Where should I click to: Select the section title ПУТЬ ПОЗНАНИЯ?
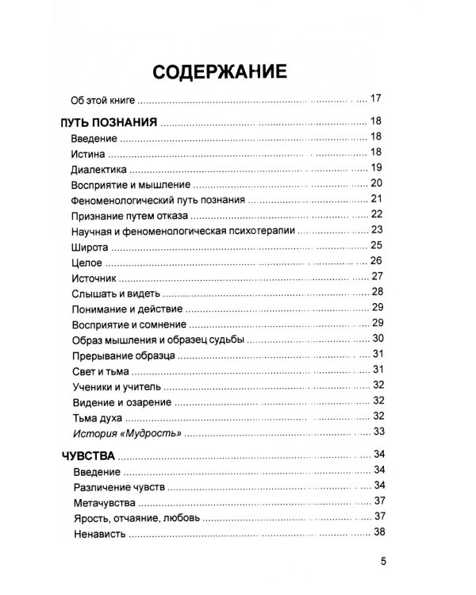[x=105, y=123]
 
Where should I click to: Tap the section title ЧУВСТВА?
[x=87, y=455]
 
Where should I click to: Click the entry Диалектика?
[x=98, y=168]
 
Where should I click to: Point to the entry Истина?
[x=87, y=152]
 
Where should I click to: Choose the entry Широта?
[x=88, y=245]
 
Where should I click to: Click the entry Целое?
[x=86, y=261]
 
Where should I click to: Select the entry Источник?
[x=94, y=277]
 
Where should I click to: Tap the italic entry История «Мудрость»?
[x=127, y=432]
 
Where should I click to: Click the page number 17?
[x=377, y=99]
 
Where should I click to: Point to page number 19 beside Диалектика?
[x=377, y=167]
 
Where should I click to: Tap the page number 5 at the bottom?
[x=383, y=564]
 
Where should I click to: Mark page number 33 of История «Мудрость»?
[x=378, y=432]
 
